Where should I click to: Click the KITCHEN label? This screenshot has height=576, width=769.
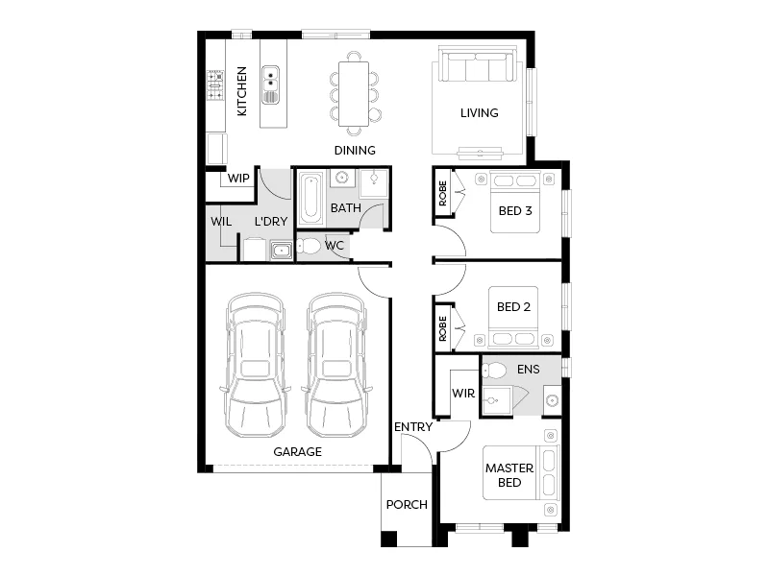click(x=242, y=91)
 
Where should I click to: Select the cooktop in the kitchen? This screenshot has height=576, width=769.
click(x=214, y=87)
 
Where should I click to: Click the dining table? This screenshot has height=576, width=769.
click(x=353, y=95)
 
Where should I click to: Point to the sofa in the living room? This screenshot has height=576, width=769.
click(x=478, y=68)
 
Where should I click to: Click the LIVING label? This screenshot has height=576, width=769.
click(x=479, y=113)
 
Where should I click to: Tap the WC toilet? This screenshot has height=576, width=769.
click(x=310, y=247)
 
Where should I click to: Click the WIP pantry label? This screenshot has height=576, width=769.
click(x=238, y=179)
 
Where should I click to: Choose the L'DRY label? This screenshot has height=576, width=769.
click(x=271, y=222)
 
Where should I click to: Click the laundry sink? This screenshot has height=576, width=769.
click(x=281, y=252)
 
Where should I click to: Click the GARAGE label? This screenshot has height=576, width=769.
click(x=297, y=451)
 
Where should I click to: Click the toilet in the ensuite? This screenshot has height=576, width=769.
click(x=495, y=371)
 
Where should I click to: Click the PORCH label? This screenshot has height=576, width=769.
click(x=406, y=505)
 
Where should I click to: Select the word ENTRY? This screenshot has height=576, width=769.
click(x=412, y=426)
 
